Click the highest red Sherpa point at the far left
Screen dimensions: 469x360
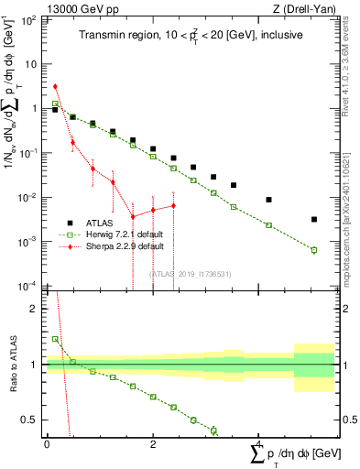[x=55, y=86]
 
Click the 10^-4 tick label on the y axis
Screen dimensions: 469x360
[x=27, y=286]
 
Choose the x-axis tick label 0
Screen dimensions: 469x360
[x=47, y=444]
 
